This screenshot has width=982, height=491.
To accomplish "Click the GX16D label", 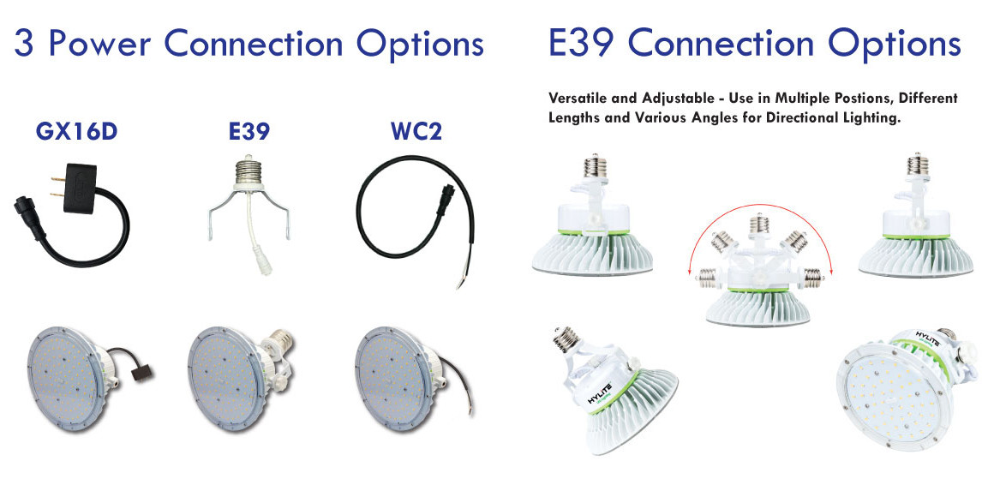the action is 75,133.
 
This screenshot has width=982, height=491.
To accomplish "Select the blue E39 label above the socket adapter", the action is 249,133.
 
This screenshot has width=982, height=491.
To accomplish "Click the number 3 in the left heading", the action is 25,44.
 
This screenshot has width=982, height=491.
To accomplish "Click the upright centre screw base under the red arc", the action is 758,224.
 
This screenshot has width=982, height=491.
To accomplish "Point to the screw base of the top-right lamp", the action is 917,164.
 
